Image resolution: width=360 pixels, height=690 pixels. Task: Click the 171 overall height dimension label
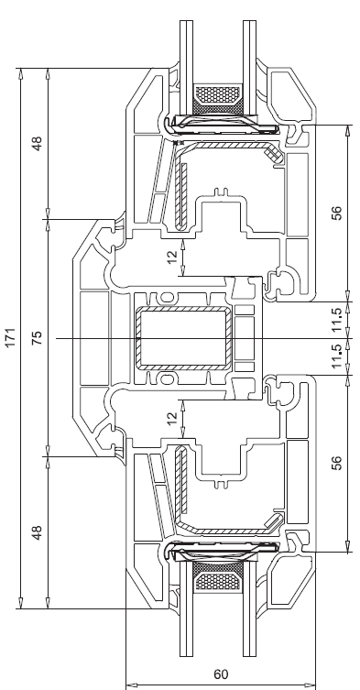10,337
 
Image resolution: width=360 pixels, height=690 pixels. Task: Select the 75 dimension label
37,337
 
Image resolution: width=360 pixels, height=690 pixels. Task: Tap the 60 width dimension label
221,674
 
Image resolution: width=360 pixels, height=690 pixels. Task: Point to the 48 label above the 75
37,144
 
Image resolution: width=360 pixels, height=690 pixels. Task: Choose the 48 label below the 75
37,532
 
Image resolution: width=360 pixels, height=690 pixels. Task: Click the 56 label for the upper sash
336,213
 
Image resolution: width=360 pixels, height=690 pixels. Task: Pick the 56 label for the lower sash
336,463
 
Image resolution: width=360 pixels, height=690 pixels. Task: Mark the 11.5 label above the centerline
336,320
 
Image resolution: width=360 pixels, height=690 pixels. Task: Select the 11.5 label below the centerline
336,356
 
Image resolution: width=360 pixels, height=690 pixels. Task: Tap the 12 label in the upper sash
172,257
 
